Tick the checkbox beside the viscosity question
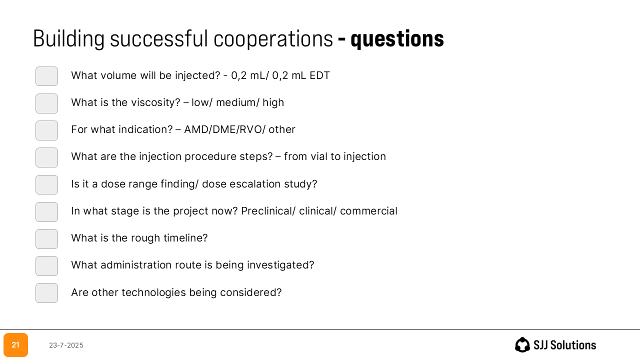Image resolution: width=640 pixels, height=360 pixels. [46, 103]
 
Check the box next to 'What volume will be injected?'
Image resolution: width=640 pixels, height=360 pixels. [46, 76]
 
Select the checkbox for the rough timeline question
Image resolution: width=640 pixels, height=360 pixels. [46, 239]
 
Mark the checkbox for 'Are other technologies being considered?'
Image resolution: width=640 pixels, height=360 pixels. [46, 293]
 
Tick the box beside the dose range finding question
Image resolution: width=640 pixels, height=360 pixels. [46, 184]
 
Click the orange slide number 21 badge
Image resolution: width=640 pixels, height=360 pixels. [15, 345]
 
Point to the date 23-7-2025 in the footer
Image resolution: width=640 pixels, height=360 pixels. [66, 345]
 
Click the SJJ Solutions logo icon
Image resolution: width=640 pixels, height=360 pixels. [522, 345]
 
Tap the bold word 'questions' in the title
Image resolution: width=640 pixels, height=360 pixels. [397, 39]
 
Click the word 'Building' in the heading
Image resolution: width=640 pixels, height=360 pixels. [69, 39]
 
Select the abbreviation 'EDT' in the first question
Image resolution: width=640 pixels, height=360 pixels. [319, 75]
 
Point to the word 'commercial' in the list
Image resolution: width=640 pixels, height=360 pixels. [368, 211]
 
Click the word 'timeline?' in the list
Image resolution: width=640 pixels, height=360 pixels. [185, 237]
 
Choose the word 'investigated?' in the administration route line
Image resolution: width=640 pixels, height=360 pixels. [280, 265]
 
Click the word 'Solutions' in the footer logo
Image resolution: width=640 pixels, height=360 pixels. [573, 345]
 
